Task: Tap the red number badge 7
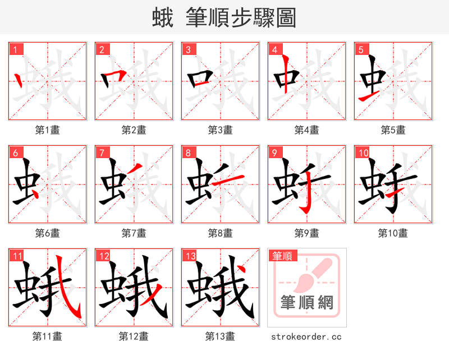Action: click(102, 153)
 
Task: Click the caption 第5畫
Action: click(393, 130)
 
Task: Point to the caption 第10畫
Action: click(393, 233)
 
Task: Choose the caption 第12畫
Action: click(134, 336)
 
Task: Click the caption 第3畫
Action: click(220, 130)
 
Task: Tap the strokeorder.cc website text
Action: click(306, 336)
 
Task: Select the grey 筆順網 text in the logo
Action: click(306, 303)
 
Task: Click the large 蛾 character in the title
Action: click(164, 18)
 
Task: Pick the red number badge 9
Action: click(274, 153)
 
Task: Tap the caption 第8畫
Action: click(220, 233)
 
